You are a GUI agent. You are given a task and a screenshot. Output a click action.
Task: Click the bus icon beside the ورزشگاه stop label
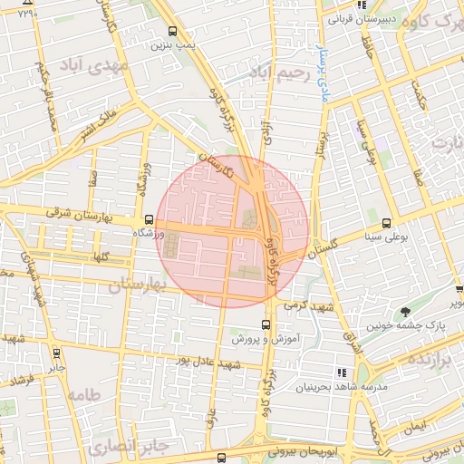tap(149, 220)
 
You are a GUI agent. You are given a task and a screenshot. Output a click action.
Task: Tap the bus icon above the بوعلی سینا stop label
tap(387, 223)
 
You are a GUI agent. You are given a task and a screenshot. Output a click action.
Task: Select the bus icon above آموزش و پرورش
tap(265, 324)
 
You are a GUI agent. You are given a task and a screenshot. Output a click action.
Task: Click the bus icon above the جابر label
tap(57, 354)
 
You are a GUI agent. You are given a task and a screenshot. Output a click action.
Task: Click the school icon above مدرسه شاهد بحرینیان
tap(342, 372)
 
